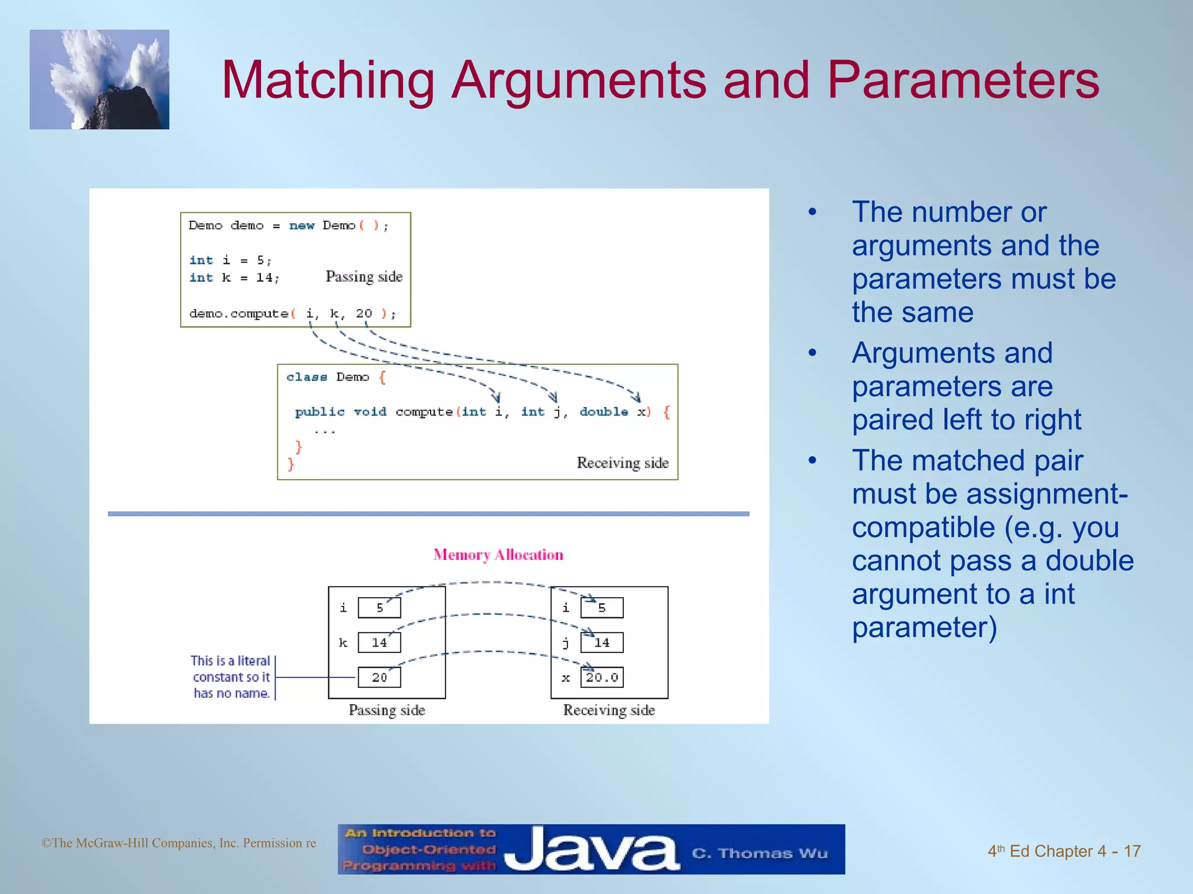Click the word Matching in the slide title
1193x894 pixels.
[x=328, y=81]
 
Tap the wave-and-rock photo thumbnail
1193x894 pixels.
[x=100, y=80]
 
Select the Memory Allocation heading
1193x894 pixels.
[x=498, y=555]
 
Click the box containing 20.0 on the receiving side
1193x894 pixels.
[x=602, y=677]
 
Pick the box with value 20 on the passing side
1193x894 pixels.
[x=379, y=677]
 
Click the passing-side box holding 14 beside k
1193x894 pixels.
[x=379, y=643]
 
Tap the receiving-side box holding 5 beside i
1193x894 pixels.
[x=602, y=608]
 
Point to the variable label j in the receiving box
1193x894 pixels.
[x=565, y=643]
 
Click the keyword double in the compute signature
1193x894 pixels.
[x=603, y=412]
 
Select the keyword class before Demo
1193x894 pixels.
[x=306, y=377]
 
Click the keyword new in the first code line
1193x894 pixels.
[x=302, y=226]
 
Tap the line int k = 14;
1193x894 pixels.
[x=234, y=278]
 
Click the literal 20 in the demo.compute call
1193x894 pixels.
[x=363, y=313]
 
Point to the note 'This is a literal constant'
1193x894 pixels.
[x=231, y=677]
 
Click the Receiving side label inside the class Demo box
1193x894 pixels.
[x=622, y=463]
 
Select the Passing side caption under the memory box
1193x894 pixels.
[x=387, y=710]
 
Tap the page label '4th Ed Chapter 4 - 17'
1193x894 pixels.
[x=1064, y=851]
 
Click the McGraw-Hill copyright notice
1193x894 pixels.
[x=178, y=843]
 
